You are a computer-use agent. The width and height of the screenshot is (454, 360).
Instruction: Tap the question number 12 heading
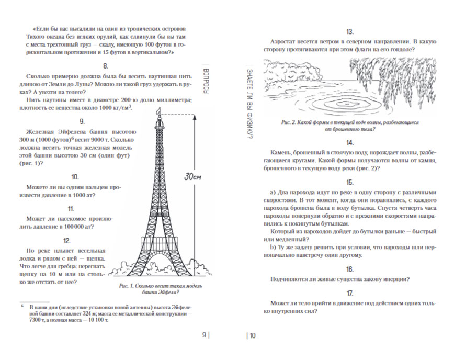pyautogui.click(x=66, y=241)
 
